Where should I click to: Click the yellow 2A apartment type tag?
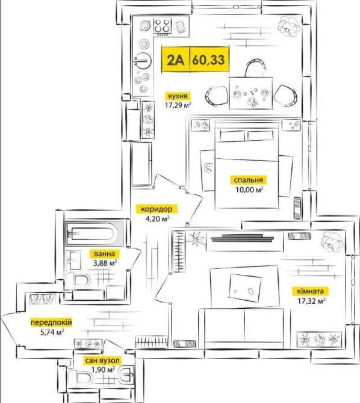[x=176, y=60]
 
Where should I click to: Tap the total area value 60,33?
[x=209, y=60]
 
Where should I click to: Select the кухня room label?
[x=178, y=96]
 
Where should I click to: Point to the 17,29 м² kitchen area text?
[x=178, y=105]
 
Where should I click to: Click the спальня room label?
[x=248, y=180]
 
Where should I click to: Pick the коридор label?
[x=157, y=209]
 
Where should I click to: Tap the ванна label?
[x=104, y=254]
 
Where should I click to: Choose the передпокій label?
[x=51, y=322]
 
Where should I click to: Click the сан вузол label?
[x=102, y=361]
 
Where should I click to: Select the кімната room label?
[x=311, y=291]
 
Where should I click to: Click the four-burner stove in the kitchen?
[x=163, y=26]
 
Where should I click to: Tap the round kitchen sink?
[x=142, y=61]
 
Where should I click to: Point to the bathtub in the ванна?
[x=95, y=233]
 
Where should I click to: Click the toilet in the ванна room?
[x=78, y=280]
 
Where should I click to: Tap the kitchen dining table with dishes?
[x=250, y=94]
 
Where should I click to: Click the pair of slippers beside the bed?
[x=208, y=168]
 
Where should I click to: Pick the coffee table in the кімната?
[x=244, y=287]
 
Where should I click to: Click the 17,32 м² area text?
[x=311, y=301]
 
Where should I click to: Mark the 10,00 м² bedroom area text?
[x=249, y=189]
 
